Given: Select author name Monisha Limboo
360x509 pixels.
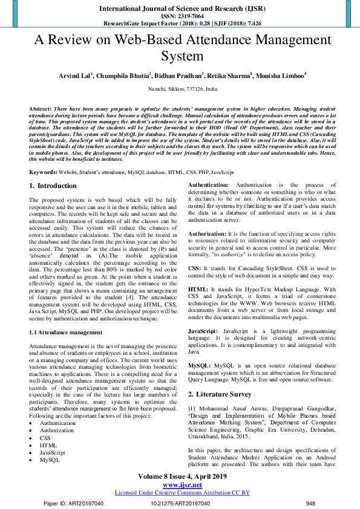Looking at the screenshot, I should point(280,76).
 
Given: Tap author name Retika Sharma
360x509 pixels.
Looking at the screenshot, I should point(227,76).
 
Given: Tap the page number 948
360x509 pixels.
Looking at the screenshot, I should point(311,503).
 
